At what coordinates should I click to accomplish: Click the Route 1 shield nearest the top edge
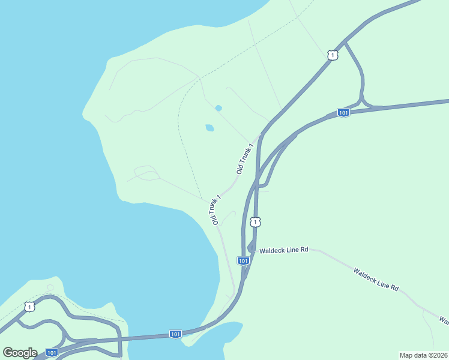coord(333,55)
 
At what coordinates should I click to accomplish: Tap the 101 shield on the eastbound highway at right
coord(343,113)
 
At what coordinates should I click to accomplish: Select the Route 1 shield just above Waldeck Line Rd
coord(256,223)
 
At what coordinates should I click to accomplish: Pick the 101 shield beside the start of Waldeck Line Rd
coord(243,261)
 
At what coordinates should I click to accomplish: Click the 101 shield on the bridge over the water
coord(175,334)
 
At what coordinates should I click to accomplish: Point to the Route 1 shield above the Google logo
coord(29,307)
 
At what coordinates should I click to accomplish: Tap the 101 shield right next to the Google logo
coord(52,353)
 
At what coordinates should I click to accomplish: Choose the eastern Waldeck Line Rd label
coord(376,280)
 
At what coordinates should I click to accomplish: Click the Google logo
coord(20,353)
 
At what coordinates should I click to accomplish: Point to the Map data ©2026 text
coord(424,355)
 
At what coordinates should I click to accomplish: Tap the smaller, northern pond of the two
coord(218,108)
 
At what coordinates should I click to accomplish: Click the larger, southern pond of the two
coord(209,128)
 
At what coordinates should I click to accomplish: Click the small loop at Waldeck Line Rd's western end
coord(250,247)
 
